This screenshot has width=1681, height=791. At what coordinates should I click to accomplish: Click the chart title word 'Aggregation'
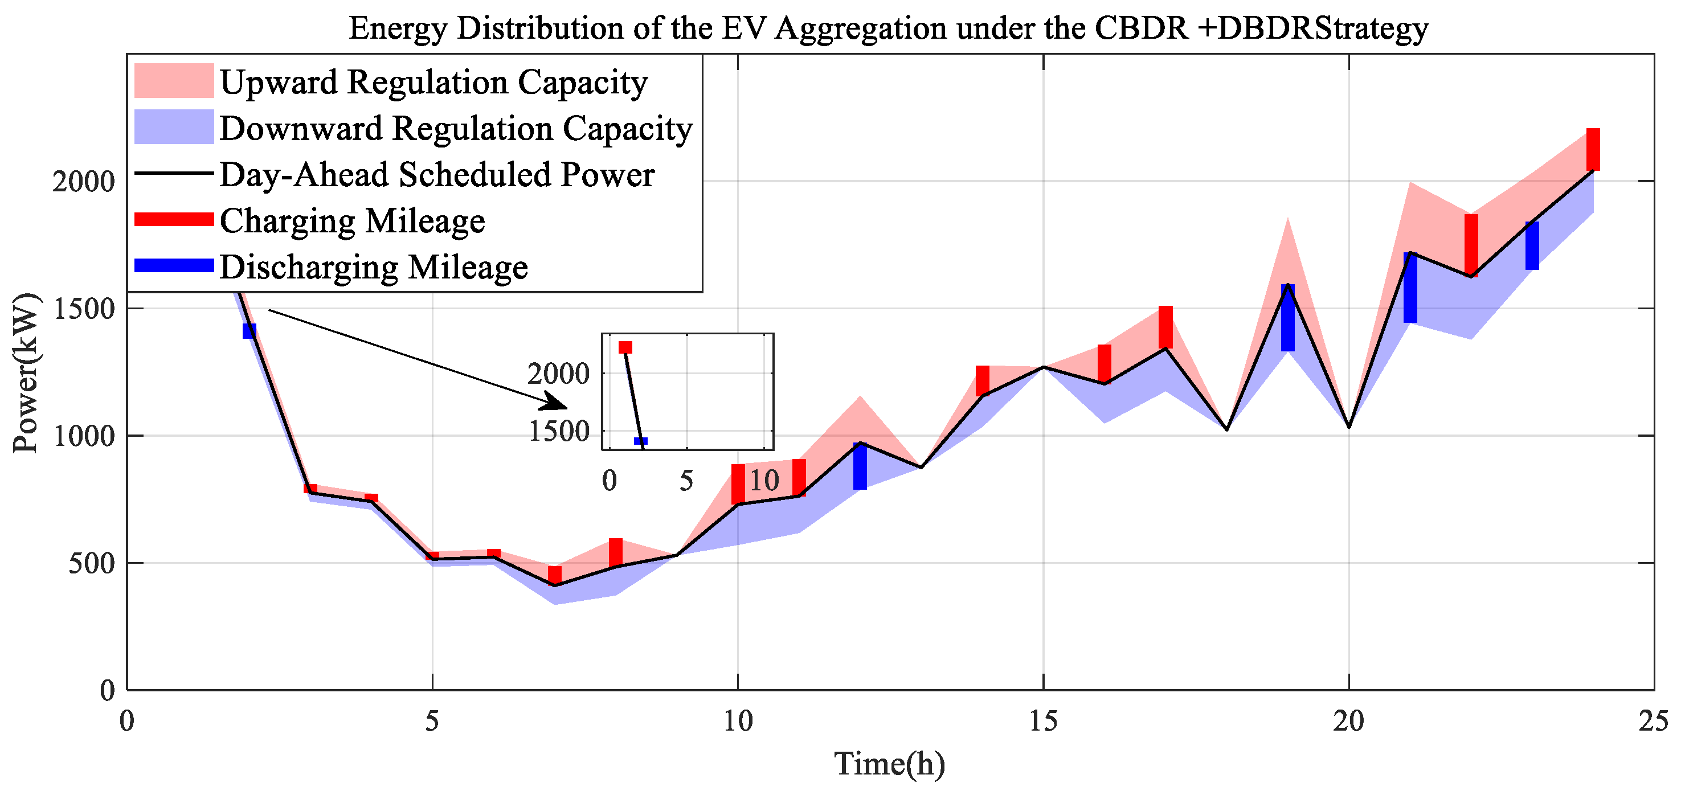tap(860, 28)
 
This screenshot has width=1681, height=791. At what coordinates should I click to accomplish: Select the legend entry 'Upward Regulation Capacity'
tap(433, 82)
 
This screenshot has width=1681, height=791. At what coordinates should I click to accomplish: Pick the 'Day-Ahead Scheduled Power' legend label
tap(436, 175)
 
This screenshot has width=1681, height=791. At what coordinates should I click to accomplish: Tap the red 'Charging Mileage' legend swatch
tap(174, 219)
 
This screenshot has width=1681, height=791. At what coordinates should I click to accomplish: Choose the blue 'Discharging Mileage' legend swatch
tap(174, 265)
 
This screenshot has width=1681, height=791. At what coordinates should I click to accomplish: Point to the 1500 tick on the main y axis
tap(84, 309)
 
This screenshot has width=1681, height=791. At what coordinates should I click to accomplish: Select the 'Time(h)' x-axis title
tap(889, 764)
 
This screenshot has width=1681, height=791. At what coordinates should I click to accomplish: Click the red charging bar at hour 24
tap(1593, 149)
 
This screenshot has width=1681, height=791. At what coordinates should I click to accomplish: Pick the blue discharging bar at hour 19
tap(1287, 318)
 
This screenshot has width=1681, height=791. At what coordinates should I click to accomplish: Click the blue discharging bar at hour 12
tap(860, 466)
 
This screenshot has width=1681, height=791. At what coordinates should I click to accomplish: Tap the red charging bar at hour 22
tap(1471, 245)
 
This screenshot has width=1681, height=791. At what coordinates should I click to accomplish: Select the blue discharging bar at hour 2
tap(250, 331)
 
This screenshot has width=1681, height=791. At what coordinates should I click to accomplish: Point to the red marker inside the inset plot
tap(625, 347)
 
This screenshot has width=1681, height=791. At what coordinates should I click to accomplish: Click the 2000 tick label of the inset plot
tap(558, 374)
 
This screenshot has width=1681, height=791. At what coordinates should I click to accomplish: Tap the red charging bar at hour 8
tap(615, 552)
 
